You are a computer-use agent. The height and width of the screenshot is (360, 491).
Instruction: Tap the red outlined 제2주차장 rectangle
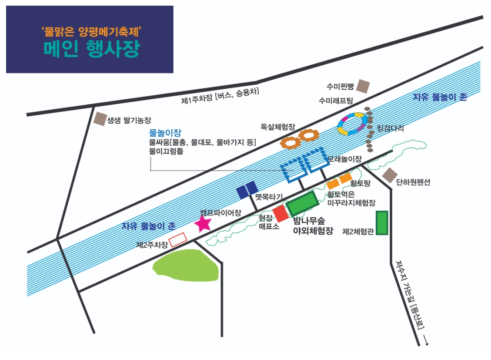pos(177,240)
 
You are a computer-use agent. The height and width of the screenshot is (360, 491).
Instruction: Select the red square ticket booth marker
pos(280,213)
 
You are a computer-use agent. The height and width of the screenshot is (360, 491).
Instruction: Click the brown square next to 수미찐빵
pos(362,86)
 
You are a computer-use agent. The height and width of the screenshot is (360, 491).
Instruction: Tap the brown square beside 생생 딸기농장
pos(100,119)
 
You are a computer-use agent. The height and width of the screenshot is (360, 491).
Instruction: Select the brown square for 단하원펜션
pos(389,175)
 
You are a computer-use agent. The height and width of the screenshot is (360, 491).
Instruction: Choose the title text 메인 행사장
pos(91,49)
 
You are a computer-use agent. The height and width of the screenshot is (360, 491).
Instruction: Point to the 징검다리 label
pos(391,128)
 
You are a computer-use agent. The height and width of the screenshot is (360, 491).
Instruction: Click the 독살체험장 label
pos(278,127)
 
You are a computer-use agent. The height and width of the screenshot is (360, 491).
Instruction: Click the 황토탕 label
pos(361,183)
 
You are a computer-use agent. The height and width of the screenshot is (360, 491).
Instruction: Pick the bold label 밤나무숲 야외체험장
pos(313,225)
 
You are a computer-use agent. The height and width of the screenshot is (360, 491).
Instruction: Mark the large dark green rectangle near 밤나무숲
pos(303,203)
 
